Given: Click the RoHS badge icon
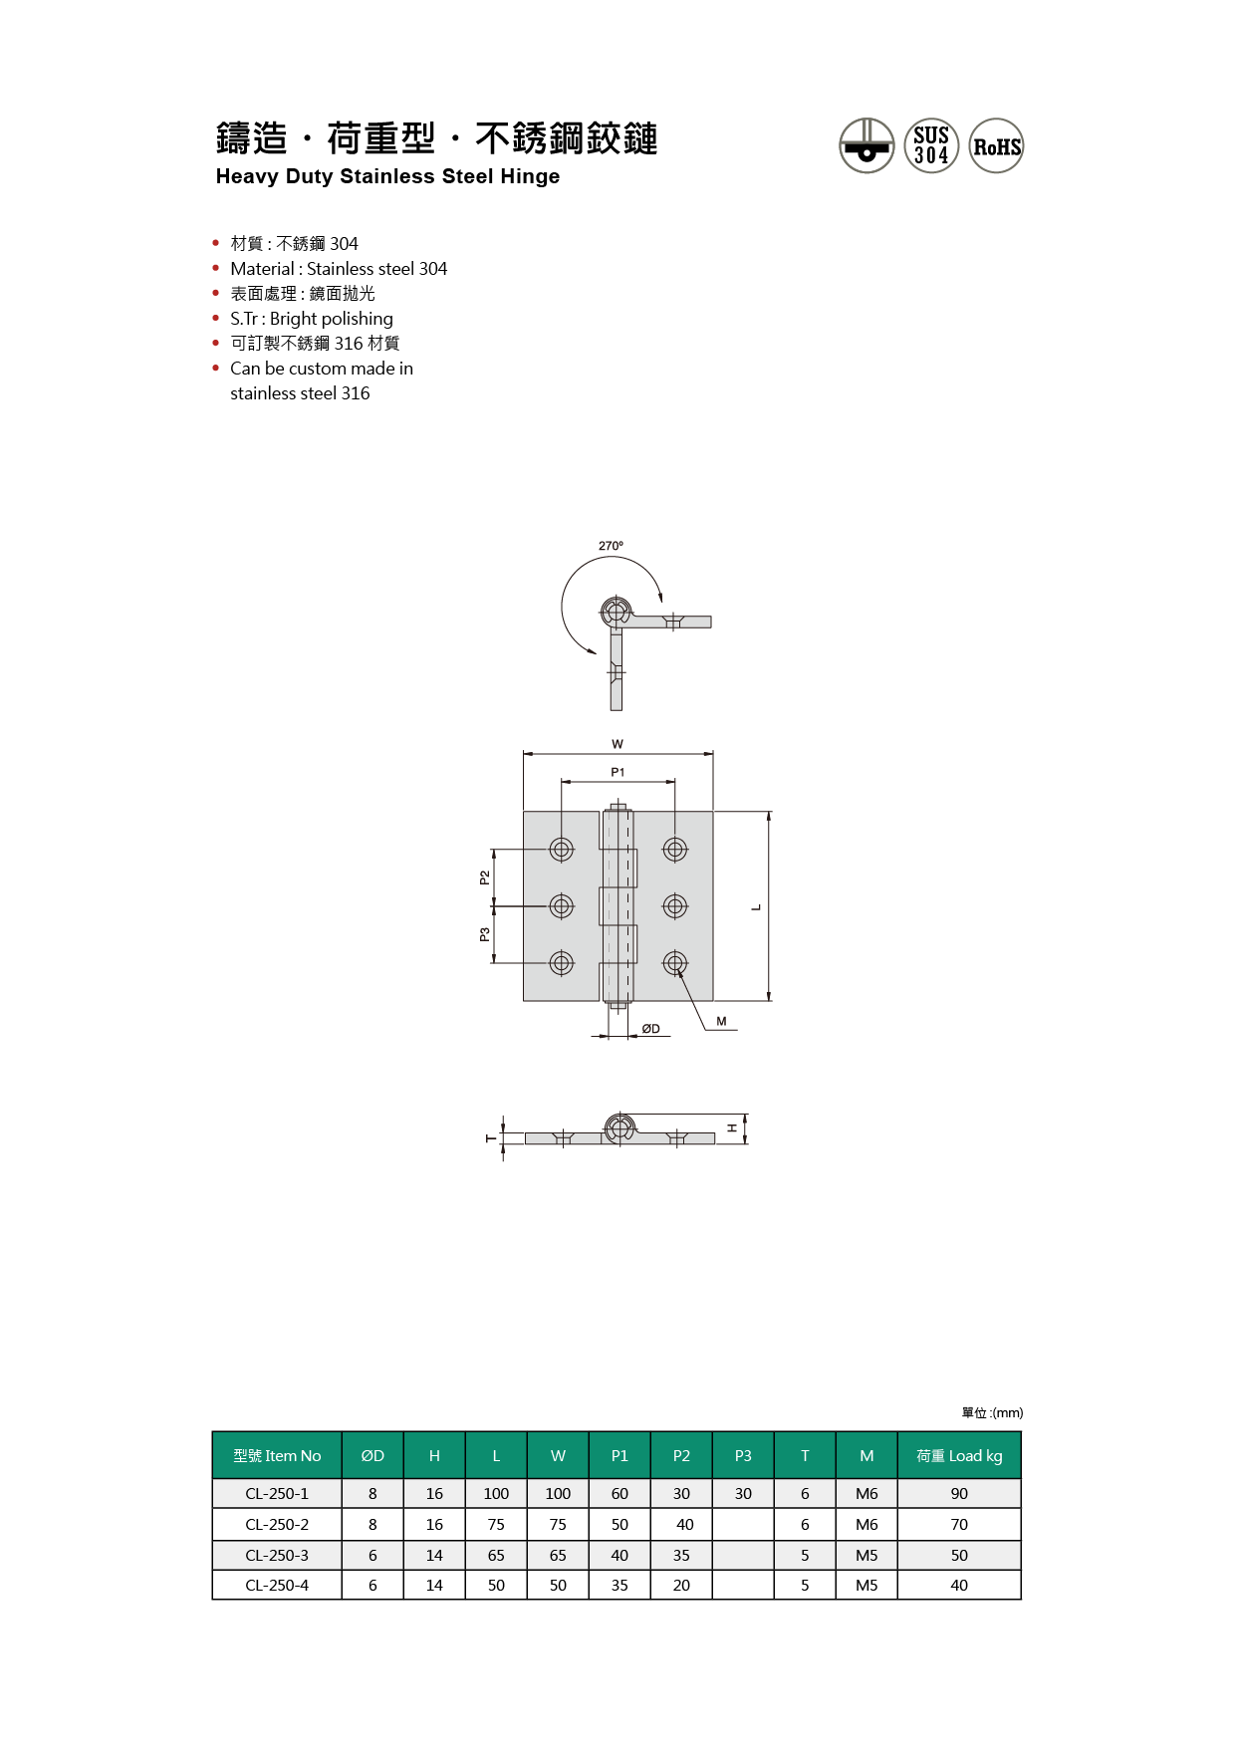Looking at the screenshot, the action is pos(996,145).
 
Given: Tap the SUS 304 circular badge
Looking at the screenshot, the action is pos(931,145).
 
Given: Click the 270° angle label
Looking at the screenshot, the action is pos(611,546).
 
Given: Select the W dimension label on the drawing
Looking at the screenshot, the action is pos(618,744).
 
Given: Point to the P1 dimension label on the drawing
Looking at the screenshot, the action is pos(618,772).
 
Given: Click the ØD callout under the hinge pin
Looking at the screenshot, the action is pos(650,1029).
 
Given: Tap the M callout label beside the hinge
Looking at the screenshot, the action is pos(721,1021).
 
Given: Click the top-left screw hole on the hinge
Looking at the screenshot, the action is pos(562,850).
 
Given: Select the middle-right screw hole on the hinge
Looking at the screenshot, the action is pos(675,906).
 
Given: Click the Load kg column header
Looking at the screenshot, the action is pos(959,1455).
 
